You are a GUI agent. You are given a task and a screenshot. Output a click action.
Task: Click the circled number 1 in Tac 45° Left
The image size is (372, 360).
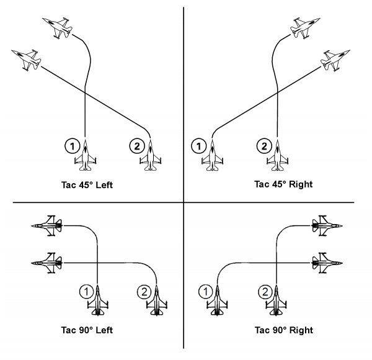click(73, 146)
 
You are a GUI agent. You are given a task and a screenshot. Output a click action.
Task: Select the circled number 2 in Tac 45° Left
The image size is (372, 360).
click(135, 146)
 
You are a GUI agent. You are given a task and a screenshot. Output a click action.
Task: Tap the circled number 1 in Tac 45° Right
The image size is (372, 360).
click(199, 146)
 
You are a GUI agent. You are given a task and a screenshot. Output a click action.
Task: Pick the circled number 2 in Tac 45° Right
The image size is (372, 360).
click(263, 146)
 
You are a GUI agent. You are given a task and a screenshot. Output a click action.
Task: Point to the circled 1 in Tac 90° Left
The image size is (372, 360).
click(86, 290)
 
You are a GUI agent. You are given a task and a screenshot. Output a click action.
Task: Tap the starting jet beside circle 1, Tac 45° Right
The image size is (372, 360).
click(212, 154)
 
